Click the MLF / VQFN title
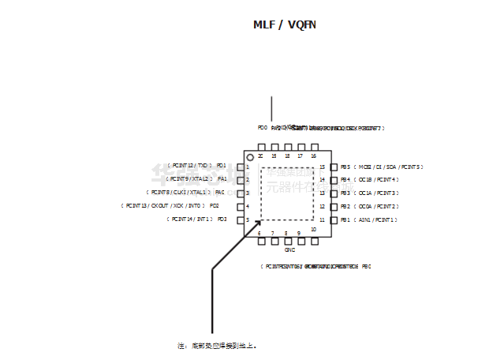285,24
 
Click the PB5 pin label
345,167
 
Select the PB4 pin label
345,180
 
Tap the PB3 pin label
345,193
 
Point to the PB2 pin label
345,206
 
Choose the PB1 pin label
345,219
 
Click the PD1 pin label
221,166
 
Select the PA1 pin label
222,179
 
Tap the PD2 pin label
214,205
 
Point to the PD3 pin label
222,219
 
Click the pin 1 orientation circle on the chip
250,158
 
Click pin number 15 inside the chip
322,167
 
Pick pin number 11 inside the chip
322,219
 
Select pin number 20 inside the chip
260,156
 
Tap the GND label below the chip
289,249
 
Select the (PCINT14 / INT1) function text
189,219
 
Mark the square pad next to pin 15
334,167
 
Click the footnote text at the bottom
217,346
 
